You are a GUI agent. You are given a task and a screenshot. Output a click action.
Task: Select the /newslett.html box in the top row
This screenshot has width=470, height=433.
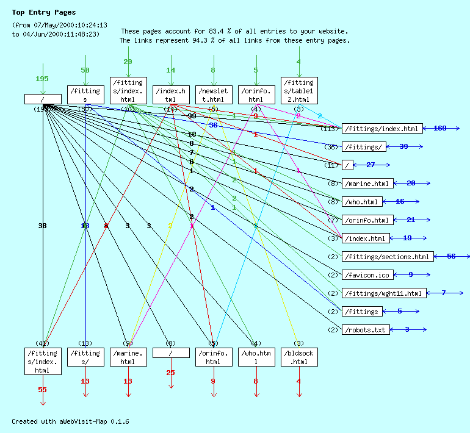click(214, 95)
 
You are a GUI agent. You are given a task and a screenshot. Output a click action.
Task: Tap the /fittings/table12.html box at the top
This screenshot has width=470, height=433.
click(299, 90)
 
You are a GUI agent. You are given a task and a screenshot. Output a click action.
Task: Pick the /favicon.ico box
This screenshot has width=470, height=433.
click(366, 274)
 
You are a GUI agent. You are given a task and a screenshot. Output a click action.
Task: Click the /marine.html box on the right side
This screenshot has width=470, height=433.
click(367, 183)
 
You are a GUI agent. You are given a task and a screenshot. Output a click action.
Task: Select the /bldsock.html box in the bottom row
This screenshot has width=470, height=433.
click(299, 357)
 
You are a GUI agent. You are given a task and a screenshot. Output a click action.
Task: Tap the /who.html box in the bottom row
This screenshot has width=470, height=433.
click(256, 357)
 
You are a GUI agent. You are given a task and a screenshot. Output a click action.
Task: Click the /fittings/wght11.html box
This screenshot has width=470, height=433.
click(383, 293)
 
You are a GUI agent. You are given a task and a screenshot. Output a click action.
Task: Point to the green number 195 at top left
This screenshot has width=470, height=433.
click(42, 79)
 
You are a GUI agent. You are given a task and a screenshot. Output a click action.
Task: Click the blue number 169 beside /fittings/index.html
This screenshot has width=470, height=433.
click(440, 128)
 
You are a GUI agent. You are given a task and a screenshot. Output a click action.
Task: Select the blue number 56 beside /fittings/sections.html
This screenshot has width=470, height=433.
click(451, 256)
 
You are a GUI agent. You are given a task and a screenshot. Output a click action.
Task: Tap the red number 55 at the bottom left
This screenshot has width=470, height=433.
click(42, 390)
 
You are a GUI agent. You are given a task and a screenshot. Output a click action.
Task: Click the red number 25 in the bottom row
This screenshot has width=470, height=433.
click(170, 373)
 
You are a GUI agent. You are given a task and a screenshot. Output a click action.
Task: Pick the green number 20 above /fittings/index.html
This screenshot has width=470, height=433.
click(128, 62)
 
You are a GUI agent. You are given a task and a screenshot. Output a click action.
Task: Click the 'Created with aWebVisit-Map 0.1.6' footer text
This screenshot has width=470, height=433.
click(70, 421)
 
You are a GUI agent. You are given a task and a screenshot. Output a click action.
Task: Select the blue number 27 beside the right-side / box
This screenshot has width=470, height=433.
click(371, 165)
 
